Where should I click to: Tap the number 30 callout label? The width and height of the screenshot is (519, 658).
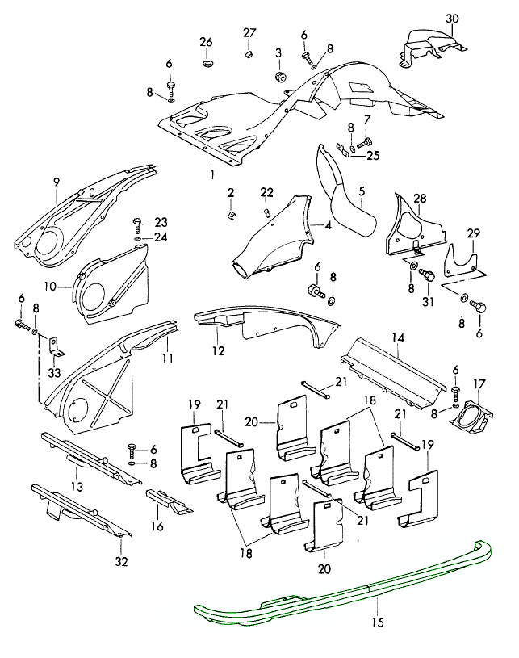pyautogui.click(x=451, y=19)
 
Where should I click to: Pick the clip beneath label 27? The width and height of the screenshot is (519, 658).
pyautogui.click(x=249, y=55)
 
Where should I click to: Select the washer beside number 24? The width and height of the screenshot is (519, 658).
pyautogui.click(x=139, y=238)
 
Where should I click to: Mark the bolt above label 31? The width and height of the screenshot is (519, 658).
pyautogui.click(x=429, y=276)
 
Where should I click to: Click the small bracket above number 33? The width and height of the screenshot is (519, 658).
pyautogui.click(x=54, y=346)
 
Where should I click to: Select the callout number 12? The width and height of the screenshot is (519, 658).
pyautogui.click(x=219, y=351)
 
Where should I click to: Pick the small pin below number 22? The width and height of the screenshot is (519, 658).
pyautogui.click(x=266, y=212)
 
